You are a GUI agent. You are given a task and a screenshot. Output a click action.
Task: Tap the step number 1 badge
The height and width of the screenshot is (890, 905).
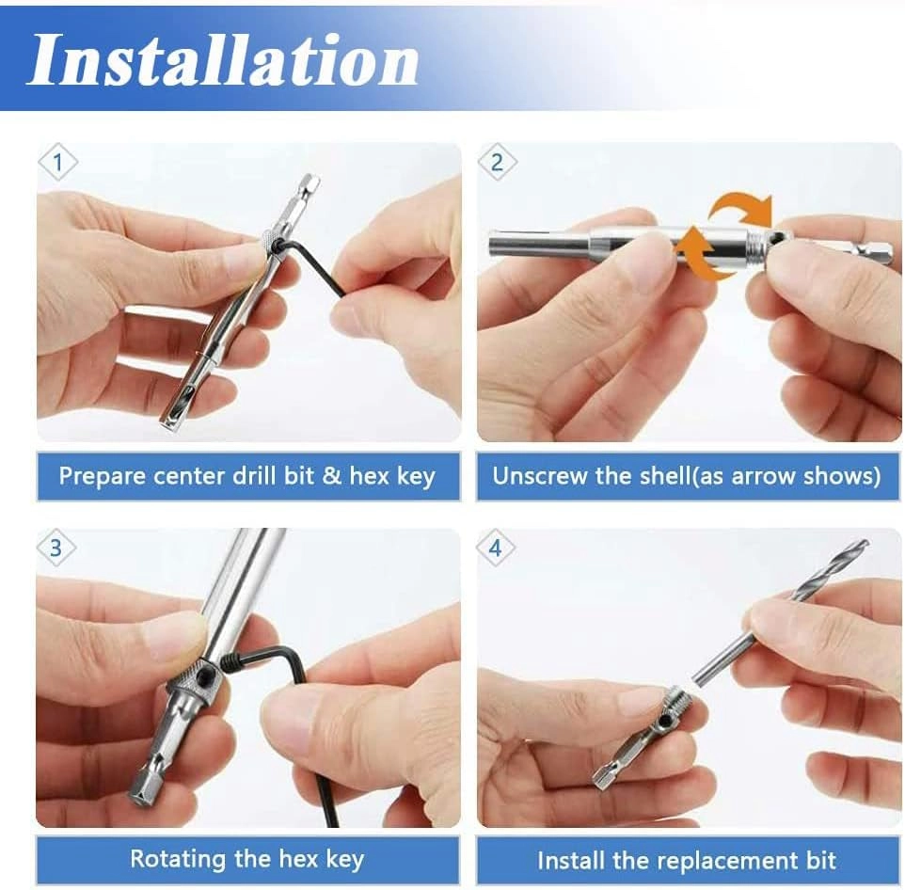point(57,163)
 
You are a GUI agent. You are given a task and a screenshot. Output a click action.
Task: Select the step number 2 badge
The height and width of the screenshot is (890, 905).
point(497,163)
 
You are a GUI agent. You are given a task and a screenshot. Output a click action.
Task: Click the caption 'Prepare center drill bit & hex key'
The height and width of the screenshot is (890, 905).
point(247,476)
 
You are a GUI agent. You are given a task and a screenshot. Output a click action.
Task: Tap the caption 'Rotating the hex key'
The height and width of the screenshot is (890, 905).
point(247,859)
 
